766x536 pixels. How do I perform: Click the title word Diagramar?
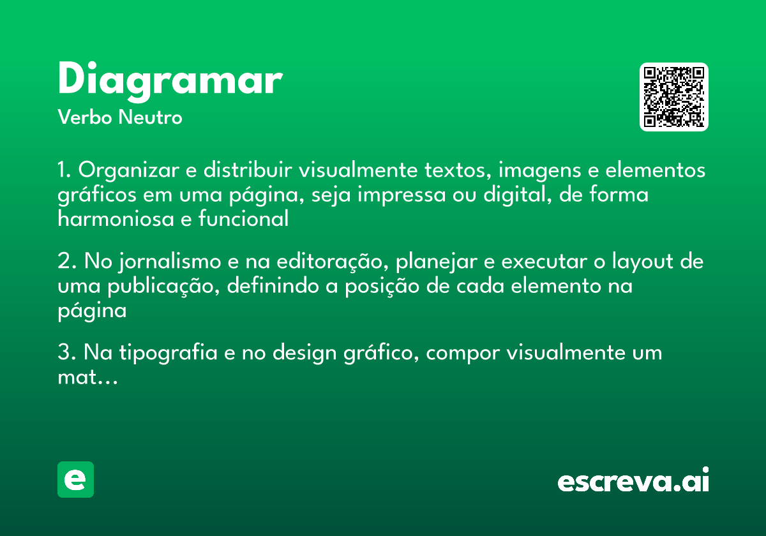point(170,81)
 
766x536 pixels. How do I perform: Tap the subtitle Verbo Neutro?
point(120,117)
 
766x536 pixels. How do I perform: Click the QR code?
point(674,97)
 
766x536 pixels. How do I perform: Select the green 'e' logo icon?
point(75,479)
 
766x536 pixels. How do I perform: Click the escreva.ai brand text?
point(633,481)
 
